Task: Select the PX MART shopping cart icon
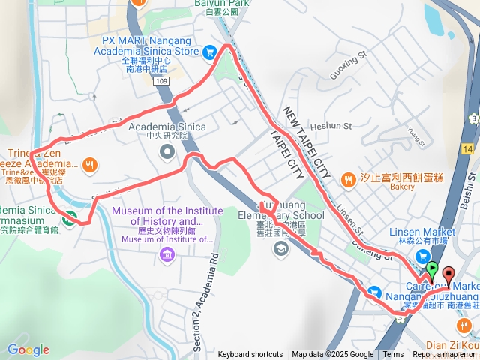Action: coord(211,52)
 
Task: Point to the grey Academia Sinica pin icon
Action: coord(166,152)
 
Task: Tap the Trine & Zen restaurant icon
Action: coord(90,163)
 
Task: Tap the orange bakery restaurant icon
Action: coord(348,179)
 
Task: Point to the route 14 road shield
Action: coord(468,150)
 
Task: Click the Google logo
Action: coord(28,349)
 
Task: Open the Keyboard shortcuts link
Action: coord(250,355)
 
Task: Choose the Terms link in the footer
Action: coord(393,355)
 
